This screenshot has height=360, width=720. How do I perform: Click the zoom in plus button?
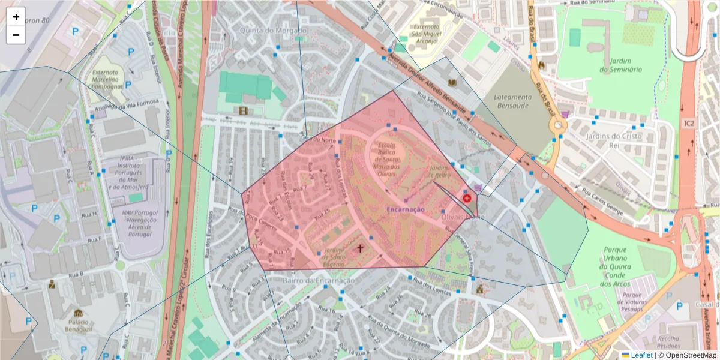[16, 17]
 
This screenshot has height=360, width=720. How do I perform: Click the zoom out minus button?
[16, 35]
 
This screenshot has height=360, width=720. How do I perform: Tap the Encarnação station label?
[406, 209]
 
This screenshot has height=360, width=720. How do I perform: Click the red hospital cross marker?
[467, 197]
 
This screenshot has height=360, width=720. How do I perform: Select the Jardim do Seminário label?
[620, 65]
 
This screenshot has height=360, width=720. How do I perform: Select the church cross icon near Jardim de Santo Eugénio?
[361, 247]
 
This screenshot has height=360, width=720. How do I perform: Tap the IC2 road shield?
[688, 123]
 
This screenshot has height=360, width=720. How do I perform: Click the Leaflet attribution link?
[641, 355]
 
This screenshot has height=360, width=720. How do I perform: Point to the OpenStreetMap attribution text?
[688, 355]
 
